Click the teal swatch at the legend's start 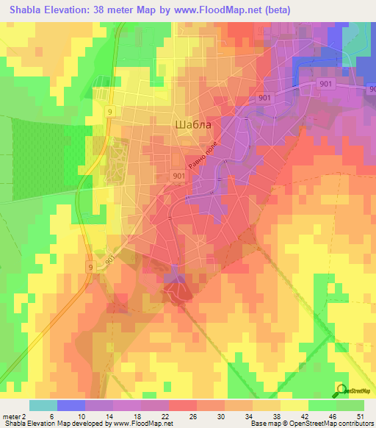(43, 405)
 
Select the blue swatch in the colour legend (71, 405)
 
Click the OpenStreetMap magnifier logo (341, 389)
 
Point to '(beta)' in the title (278, 10)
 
